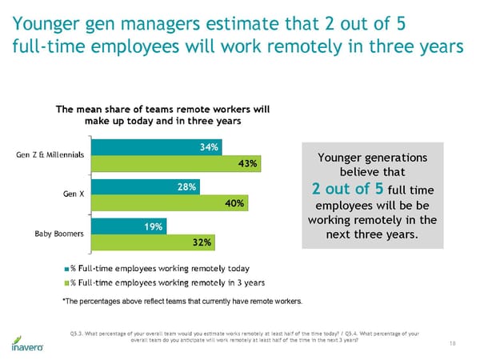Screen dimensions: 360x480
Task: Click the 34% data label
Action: [x=210, y=146]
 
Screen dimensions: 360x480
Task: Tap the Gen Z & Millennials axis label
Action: [x=51, y=154]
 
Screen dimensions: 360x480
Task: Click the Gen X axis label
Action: [x=74, y=194]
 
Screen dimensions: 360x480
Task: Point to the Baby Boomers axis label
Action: [x=60, y=234]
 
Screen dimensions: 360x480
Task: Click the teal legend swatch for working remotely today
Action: [x=66, y=268]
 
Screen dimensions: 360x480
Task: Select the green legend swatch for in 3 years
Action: [x=66, y=282]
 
